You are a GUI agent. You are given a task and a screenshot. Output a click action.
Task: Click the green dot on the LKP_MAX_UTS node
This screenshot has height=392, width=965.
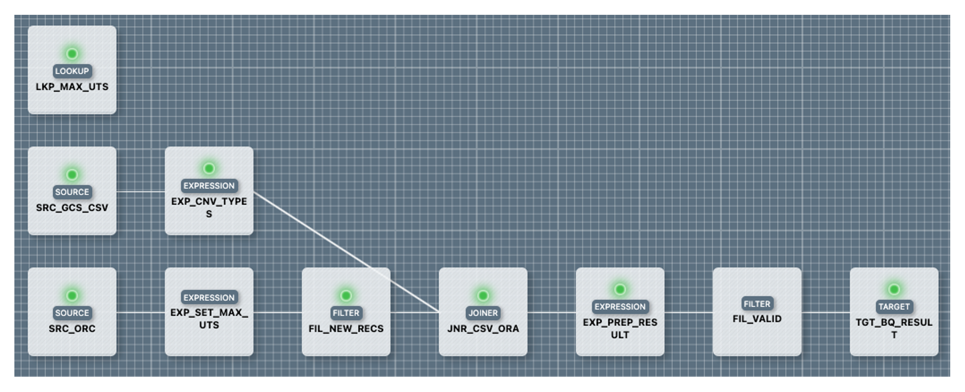[x=72, y=54]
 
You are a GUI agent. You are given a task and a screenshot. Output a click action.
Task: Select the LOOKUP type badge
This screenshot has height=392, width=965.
[x=72, y=71]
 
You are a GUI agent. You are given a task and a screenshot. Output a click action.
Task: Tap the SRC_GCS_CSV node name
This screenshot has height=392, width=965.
[x=72, y=207]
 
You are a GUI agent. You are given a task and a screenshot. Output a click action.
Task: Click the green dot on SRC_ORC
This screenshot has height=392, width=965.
[x=72, y=295]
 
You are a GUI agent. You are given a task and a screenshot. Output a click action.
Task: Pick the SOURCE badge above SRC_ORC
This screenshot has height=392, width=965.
[x=72, y=313]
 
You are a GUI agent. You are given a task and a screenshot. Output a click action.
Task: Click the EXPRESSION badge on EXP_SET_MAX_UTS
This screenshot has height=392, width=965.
[x=209, y=298]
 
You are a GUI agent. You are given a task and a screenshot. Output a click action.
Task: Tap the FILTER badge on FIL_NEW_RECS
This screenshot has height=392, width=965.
[x=346, y=313]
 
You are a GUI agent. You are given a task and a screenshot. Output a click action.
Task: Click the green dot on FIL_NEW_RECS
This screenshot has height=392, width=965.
[x=346, y=295]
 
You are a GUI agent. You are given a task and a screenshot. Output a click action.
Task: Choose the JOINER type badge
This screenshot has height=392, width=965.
[x=483, y=313]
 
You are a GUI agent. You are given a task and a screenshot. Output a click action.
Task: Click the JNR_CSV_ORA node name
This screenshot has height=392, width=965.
[x=483, y=329]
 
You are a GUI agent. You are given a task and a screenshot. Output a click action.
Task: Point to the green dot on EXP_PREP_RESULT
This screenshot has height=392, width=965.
[x=620, y=290]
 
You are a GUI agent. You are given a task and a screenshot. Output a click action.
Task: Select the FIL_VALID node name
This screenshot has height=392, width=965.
[x=757, y=319]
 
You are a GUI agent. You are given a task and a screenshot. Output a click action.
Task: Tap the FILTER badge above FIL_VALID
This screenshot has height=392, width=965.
[x=757, y=304]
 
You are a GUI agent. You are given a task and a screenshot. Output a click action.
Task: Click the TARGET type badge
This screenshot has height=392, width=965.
[x=894, y=306]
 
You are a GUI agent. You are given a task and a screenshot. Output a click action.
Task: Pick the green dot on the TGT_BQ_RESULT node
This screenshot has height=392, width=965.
[x=894, y=290]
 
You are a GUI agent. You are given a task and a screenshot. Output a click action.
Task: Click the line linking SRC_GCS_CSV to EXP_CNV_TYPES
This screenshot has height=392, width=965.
[x=140, y=192]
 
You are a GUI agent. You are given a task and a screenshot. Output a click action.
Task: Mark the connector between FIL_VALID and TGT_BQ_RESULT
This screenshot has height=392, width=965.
[x=825, y=313]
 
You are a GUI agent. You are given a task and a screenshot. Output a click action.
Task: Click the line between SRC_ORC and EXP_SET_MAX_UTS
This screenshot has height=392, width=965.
[x=140, y=313]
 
